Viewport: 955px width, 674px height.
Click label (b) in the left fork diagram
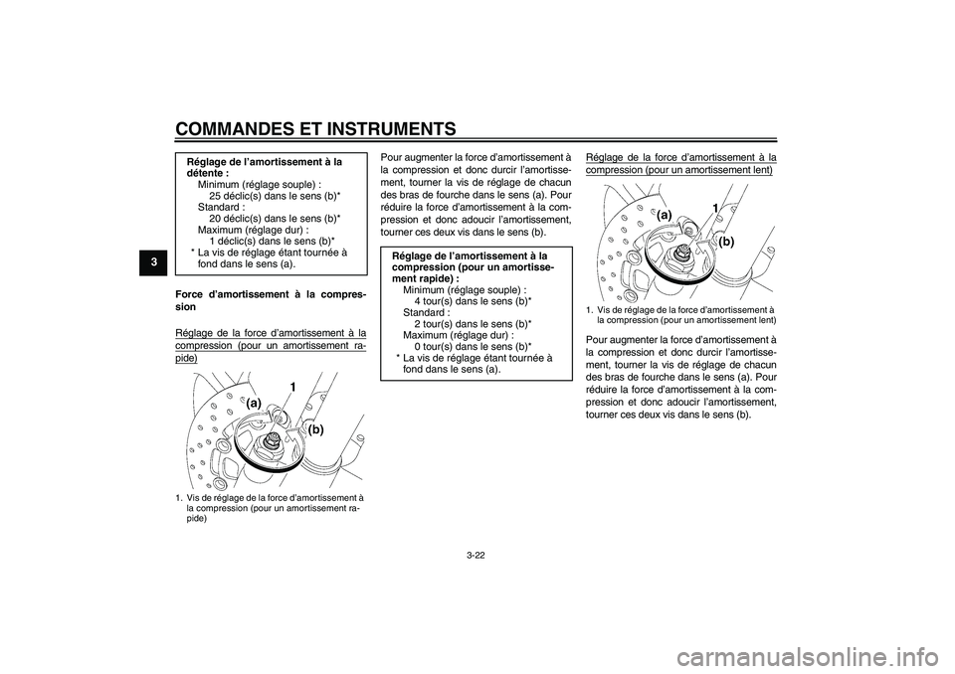[x=317, y=430]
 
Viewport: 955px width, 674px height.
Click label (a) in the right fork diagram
[x=665, y=215]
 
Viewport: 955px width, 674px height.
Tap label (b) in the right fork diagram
[x=726, y=241]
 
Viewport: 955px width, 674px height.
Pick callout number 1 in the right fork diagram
[x=714, y=206]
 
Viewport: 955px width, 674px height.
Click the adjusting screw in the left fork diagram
[x=272, y=439]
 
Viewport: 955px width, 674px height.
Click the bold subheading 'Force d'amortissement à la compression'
[x=270, y=300]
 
